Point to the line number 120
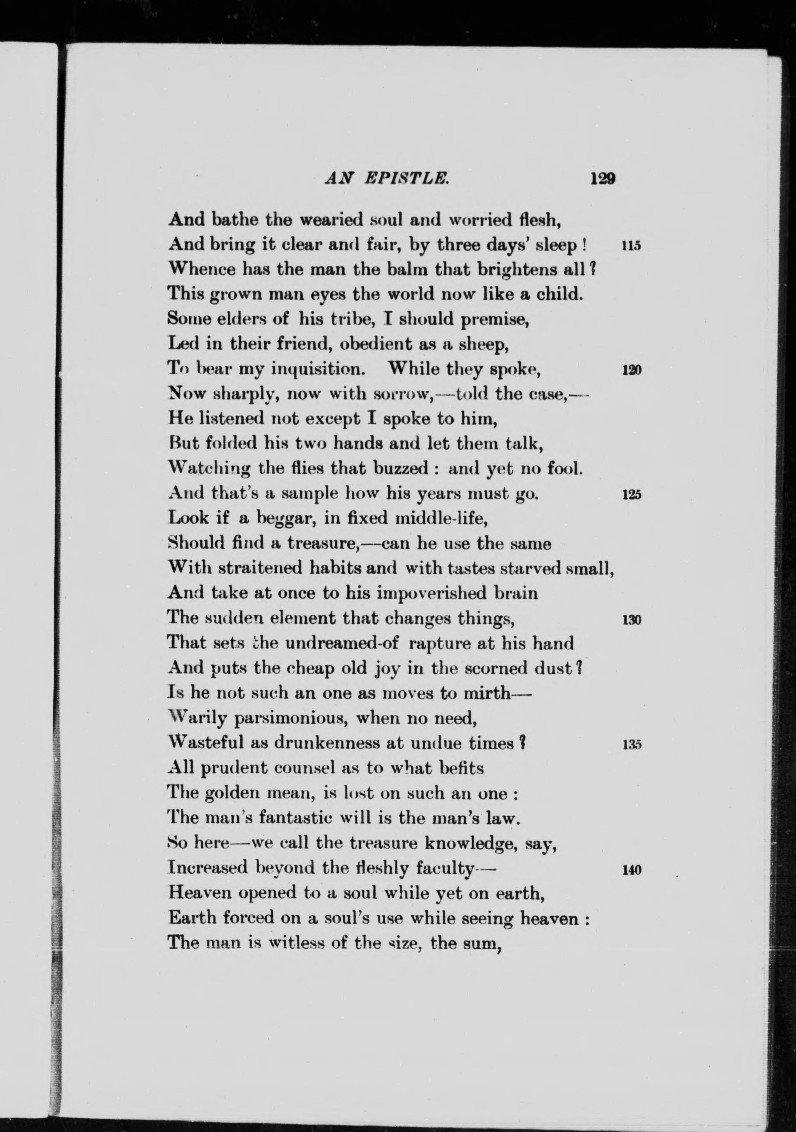pyautogui.click(x=631, y=370)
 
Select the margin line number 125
pyautogui.click(x=631, y=495)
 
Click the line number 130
pyautogui.click(x=631, y=620)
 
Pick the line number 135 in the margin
pyautogui.click(x=631, y=745)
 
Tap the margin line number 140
pyautogui.click(x=631, y=869)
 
